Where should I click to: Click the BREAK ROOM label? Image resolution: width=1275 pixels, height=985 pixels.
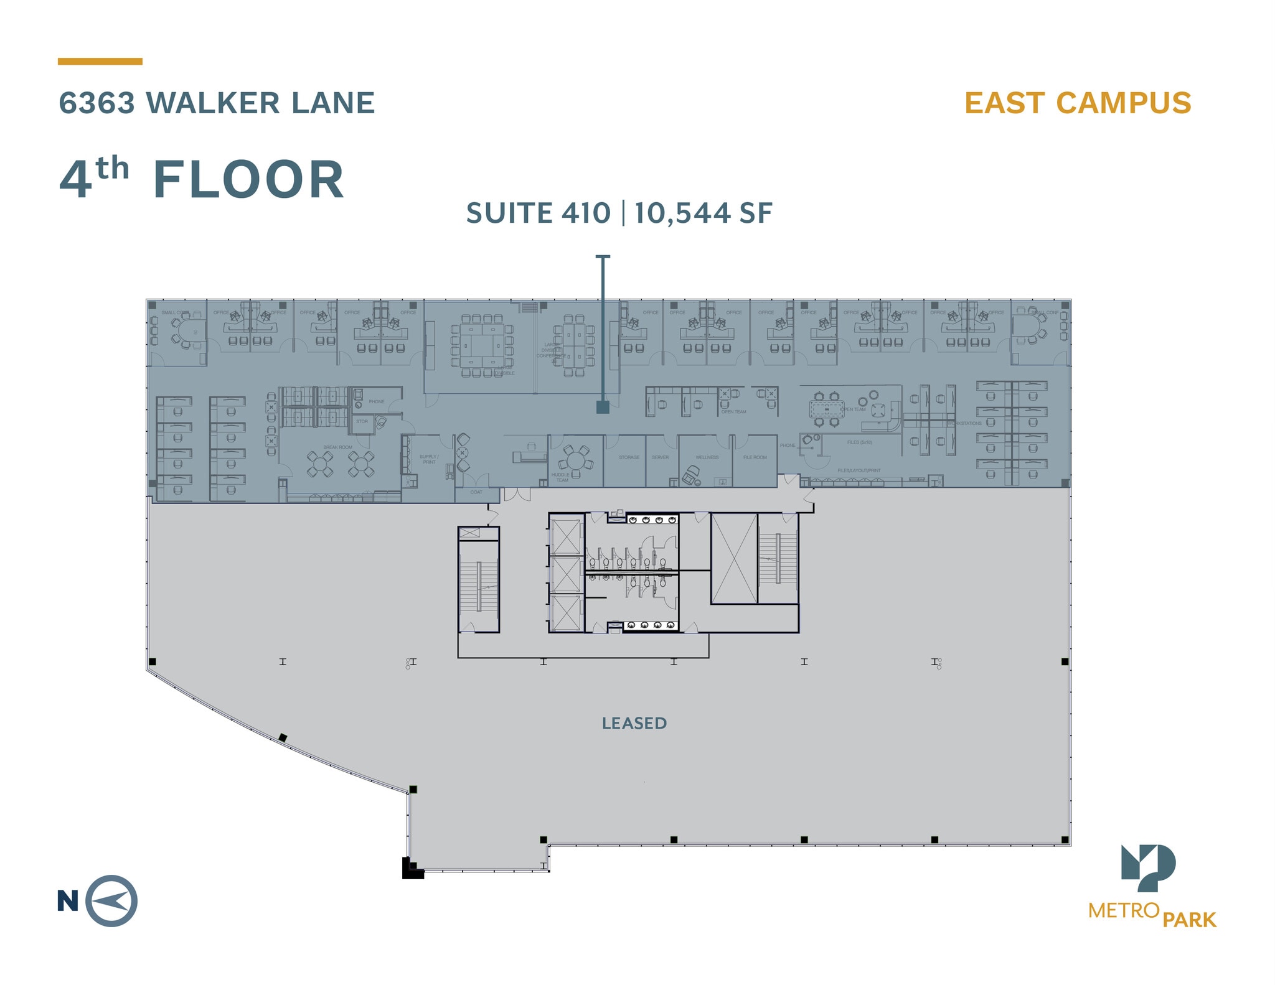337,447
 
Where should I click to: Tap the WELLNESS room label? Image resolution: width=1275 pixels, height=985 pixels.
707,457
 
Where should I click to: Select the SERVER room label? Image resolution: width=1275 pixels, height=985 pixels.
660,457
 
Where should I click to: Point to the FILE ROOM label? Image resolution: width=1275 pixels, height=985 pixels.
755,457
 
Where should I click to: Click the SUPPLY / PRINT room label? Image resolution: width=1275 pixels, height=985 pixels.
429,459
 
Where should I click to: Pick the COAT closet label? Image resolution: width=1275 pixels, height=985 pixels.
476,492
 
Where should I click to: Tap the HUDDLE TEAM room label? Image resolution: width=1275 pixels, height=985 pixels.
560,477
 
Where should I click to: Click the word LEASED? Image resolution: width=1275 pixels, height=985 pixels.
634,723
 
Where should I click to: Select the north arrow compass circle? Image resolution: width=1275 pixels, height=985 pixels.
111,900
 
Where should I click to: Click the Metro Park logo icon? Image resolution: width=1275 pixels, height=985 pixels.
1148,867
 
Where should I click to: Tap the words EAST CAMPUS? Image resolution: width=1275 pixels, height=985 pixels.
1078,103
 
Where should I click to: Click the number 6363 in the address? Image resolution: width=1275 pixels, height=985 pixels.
97,103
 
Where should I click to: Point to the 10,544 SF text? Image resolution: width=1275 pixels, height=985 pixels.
703,213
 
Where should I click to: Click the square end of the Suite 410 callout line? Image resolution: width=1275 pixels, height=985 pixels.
603,407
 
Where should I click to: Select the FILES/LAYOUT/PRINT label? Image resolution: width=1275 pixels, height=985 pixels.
859,470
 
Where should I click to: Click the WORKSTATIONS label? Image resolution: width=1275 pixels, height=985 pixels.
964,423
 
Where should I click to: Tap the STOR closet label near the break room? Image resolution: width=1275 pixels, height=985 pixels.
362,421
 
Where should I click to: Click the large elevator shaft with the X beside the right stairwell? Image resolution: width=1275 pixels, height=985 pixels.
734,558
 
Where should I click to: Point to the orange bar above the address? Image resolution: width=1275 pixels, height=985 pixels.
100,62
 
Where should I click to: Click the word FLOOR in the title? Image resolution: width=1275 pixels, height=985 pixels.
248,180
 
